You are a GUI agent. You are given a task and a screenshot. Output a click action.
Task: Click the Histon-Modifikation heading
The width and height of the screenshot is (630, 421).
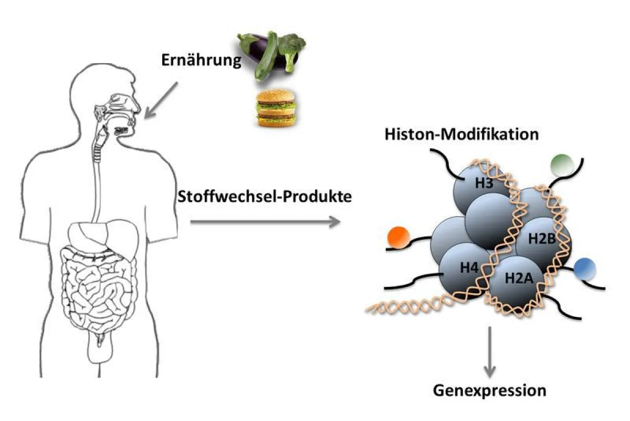[461, 134]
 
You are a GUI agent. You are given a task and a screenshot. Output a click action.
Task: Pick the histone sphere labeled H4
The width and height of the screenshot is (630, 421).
[462, 268]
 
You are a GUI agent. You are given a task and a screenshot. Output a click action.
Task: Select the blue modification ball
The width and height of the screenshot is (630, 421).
[584, 269]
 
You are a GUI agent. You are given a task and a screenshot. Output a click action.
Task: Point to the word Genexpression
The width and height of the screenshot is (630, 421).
[489, 391]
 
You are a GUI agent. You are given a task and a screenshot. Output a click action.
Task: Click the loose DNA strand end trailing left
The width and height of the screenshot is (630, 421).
[388, 307]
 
